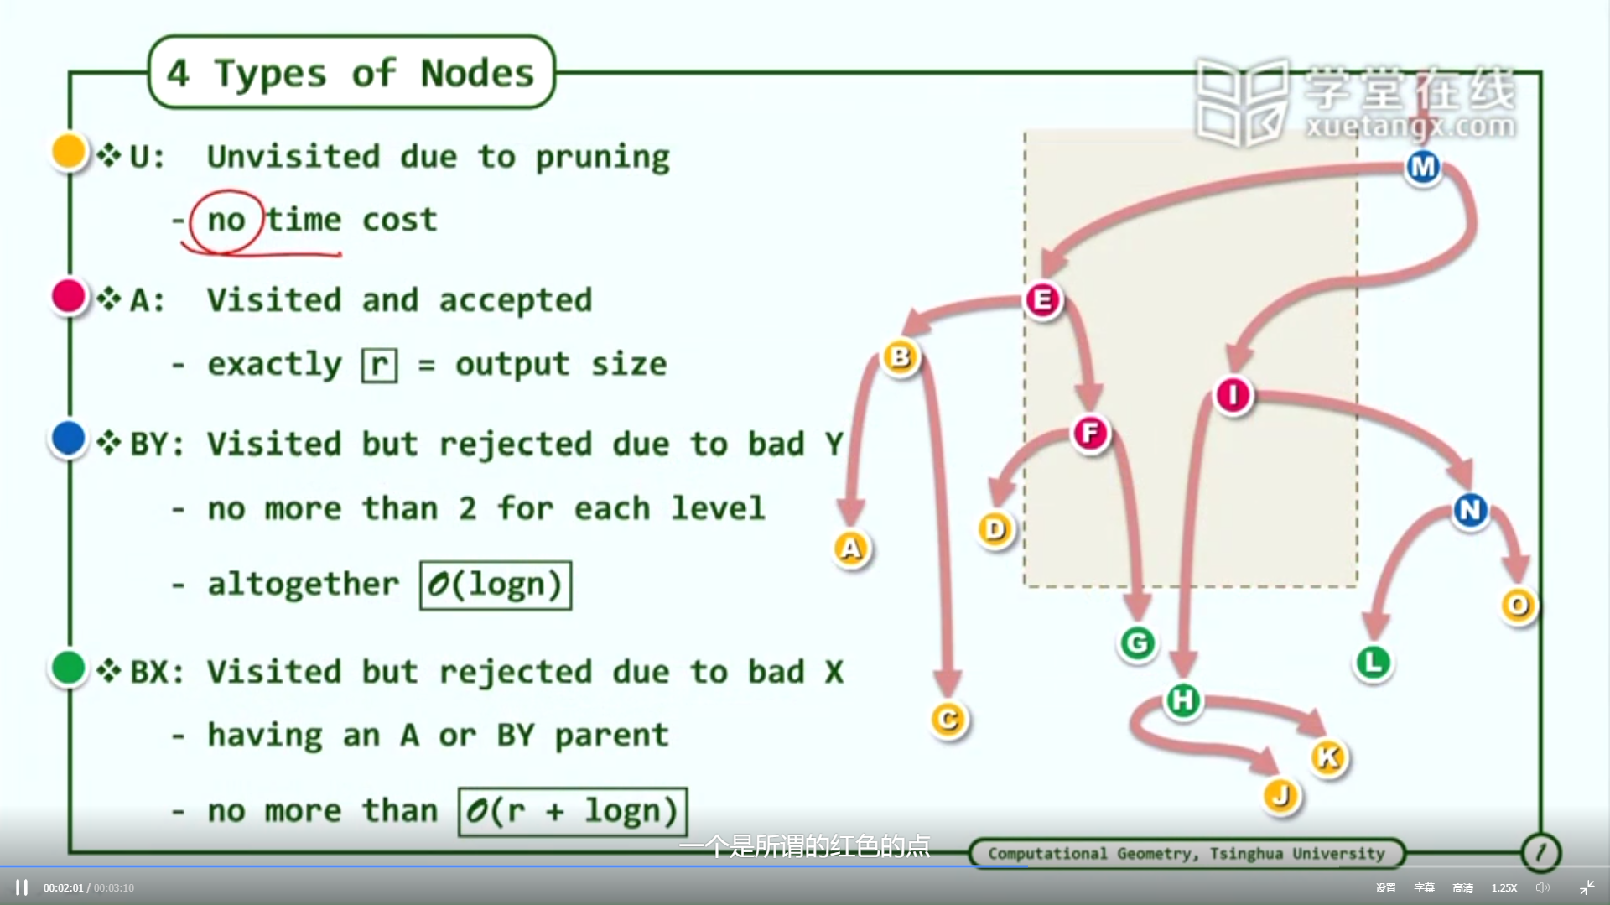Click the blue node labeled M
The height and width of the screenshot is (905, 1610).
(x=1423, y=168)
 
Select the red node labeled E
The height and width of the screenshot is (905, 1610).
(x=1043, y=299)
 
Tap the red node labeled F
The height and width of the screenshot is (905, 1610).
(x=1090, y=434)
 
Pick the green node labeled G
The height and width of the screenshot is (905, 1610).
(x=1137, y=643)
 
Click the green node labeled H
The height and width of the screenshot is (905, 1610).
(x=1183, y=700)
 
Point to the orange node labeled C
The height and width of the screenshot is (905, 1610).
(x=948, y=720)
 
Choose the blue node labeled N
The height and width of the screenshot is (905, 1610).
(x=1470, y=509)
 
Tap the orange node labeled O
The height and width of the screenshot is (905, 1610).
(x=1518, y=605)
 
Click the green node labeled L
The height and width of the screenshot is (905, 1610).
(x=1374, y=663)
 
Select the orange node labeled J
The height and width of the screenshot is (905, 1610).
(x=1281, y=795)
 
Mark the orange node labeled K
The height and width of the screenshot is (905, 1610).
(x=1328, y=757)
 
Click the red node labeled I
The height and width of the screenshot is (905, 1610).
(x=1233, y=395)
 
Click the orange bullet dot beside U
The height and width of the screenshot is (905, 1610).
(x=69, y=152)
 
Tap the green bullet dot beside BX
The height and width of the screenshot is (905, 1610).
(x=69, y=668)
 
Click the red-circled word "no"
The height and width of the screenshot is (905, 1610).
(x=226, y=221)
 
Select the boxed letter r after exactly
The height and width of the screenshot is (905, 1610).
(x=379, y=365)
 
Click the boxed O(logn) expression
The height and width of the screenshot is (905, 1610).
(x=496, y=585)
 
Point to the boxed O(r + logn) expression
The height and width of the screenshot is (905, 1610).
(x=573, y=811)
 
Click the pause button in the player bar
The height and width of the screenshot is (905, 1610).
(x=22, y=887)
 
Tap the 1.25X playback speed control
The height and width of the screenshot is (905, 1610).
(x=1504, y=887)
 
